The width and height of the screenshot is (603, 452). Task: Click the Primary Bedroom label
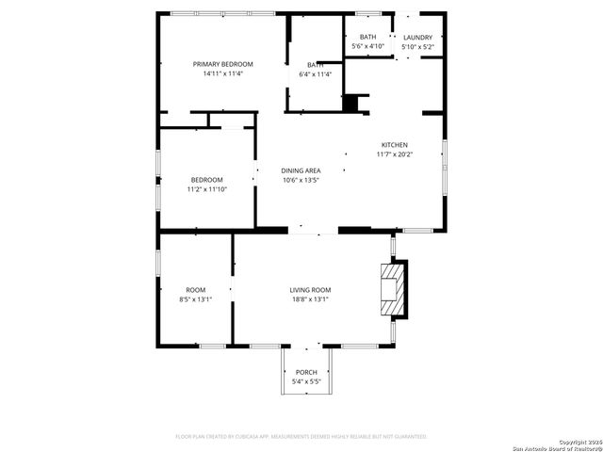coord(223,64)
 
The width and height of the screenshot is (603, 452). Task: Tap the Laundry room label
coord(417,37)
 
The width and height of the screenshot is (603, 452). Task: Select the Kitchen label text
coord(394,144)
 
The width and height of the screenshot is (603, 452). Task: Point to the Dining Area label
coord(301,170)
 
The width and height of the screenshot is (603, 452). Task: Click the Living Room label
coord(309,290)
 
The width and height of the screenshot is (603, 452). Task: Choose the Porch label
coord(306,373)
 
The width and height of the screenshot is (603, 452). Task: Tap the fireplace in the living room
coord(391,291)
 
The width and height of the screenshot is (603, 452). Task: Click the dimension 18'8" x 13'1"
coord(309,299)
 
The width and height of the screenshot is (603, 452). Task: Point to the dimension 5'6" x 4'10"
coord(367,46)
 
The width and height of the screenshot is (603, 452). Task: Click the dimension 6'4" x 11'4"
coord(315,74)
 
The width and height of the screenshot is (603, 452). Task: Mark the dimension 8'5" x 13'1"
coord(195,299)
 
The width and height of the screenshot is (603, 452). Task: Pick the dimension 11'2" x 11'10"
coord(207,189)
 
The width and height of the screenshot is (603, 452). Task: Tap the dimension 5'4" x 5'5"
coord(306,382)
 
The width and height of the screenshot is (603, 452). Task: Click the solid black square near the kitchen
coord(351,103)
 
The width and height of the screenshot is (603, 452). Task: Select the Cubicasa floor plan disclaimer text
coord(301,437)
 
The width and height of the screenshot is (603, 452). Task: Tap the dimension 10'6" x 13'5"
coord(301,180)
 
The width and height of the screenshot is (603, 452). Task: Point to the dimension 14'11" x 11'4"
coord(223,73)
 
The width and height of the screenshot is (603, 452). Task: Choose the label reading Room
coord(195,290)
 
